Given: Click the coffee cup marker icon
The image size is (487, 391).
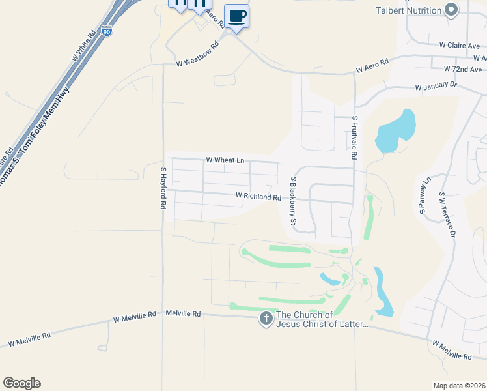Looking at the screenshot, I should (x=236, y=16).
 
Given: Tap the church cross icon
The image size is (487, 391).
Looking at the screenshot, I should (x=266, y=319).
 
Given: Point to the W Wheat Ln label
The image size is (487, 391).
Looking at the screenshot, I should (x=225, y=160).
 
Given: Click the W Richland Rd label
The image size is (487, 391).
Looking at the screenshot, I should (x=258, y=196).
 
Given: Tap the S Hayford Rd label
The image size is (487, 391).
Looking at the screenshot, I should (x=163, y=188).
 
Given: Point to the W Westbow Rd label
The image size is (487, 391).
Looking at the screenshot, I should (x=197, y=64).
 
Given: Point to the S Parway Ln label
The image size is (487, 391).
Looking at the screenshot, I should (x=424, y=195).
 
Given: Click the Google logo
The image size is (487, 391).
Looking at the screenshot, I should (x=21, y=383).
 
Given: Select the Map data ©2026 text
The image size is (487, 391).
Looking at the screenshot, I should (x=459, y=386).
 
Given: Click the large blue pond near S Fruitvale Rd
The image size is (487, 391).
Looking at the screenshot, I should (x=395, y=131).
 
